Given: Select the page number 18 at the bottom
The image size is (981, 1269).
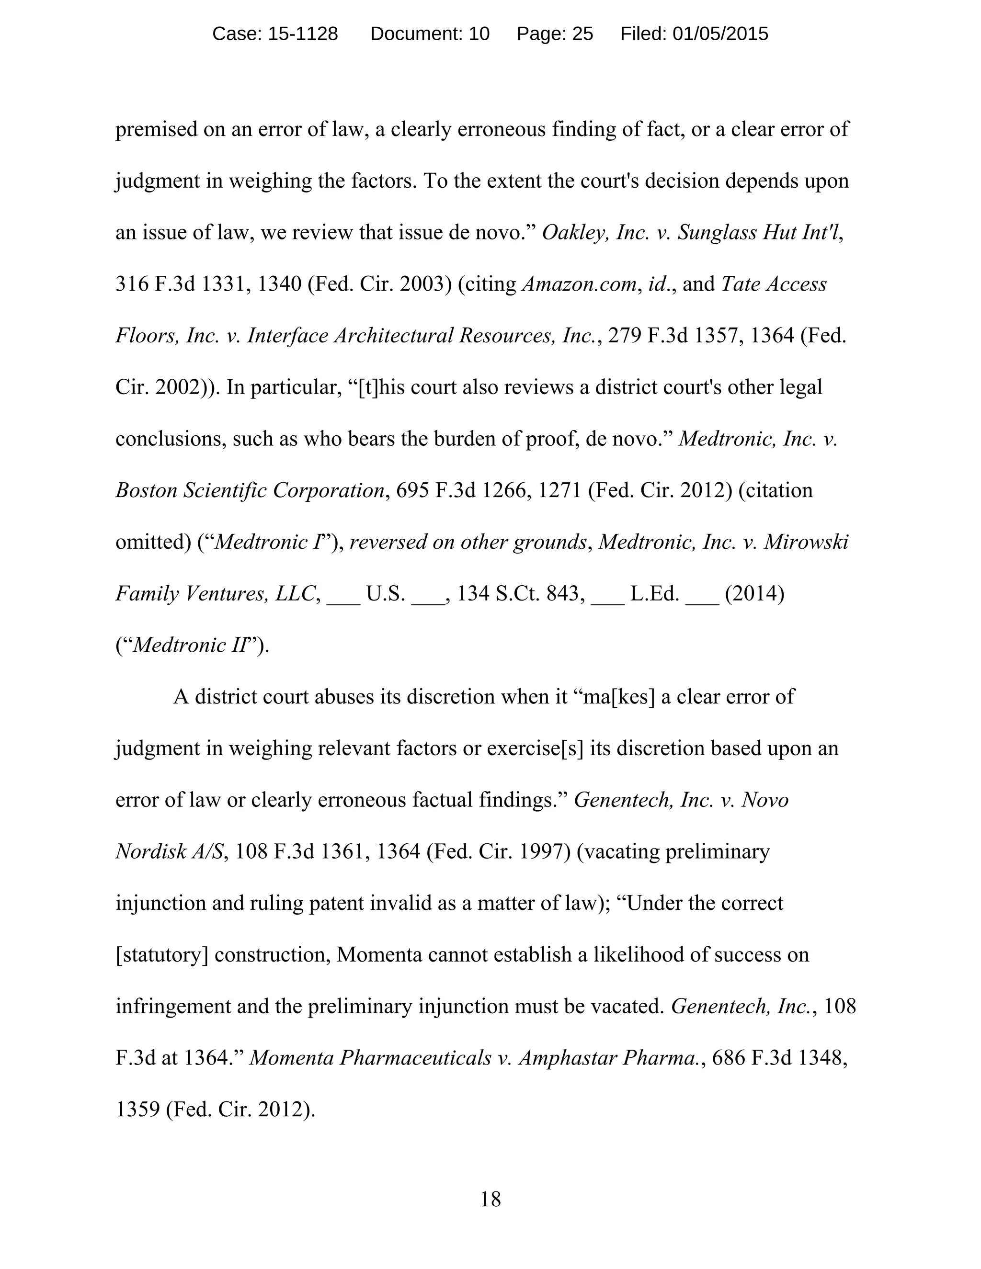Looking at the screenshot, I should pos(490,1199).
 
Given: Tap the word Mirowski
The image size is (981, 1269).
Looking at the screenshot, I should pos(806,542).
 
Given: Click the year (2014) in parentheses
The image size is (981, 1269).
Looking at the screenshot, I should pos(754,593).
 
